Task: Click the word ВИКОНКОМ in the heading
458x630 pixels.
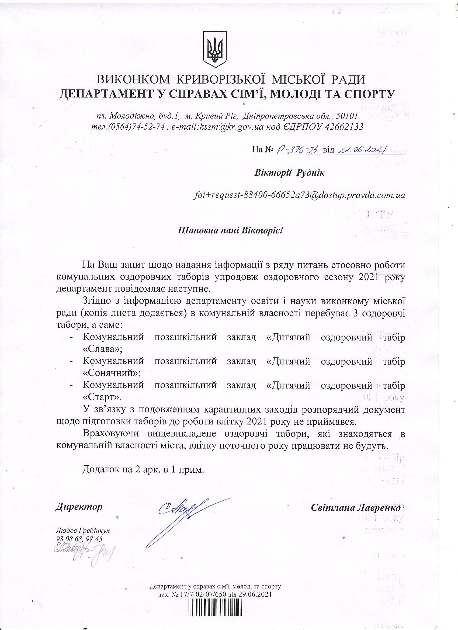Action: [133, 80]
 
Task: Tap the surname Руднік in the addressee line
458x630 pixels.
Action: [311, 173]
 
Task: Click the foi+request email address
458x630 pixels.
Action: [299, 195]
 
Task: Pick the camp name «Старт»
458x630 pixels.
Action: [102, 397]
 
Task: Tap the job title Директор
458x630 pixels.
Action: [79, 507]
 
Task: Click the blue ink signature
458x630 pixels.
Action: [183, 514]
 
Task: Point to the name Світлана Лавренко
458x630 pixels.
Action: [356, 508]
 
